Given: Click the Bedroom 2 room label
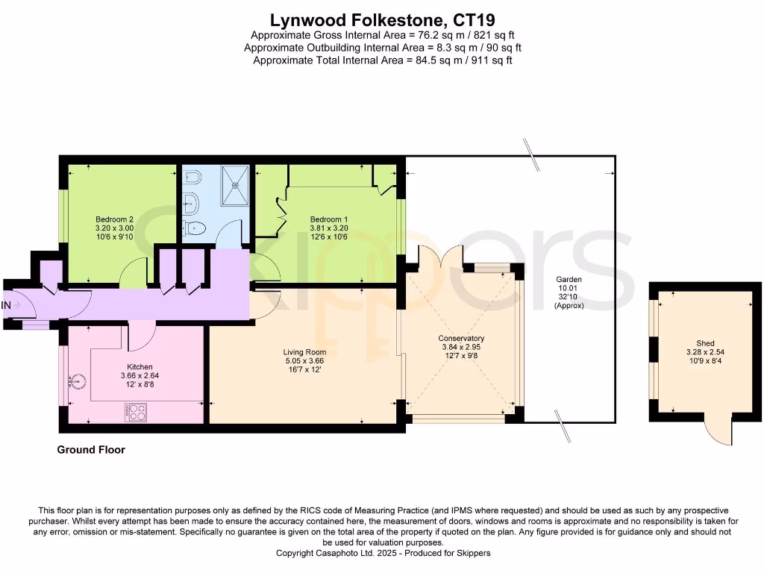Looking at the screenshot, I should [114, 219].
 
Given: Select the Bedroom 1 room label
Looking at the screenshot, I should [329, 219].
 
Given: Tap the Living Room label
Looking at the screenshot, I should [304, 352].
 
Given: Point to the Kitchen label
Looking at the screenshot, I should [140, 366].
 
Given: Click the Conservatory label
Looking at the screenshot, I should [461, 338].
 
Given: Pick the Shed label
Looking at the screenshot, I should [705, 343].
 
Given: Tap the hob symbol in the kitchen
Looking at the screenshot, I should [136, 411].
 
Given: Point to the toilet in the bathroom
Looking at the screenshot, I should [194, 228].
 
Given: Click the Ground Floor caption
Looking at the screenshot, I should [91, 450].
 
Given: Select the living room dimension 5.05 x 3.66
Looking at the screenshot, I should [304, 361].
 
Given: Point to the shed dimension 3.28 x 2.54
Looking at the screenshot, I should [705, 352].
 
